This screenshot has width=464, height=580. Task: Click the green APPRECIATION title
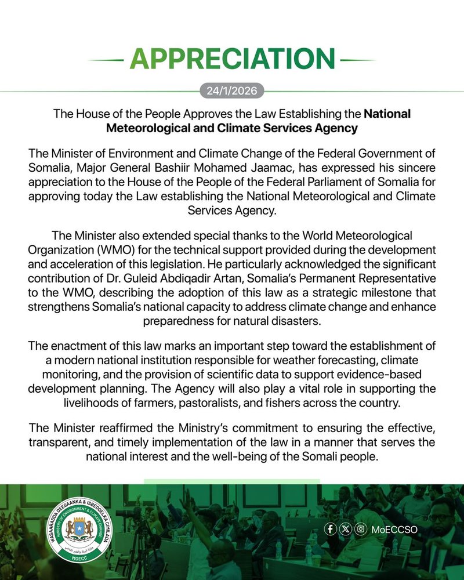tap(232, 59)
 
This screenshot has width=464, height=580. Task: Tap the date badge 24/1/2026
tap(232, 91)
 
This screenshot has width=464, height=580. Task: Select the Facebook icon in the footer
tap(330, 529)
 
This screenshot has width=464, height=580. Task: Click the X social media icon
tap(346, 529)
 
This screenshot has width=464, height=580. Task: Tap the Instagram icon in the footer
tap(361, 529)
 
